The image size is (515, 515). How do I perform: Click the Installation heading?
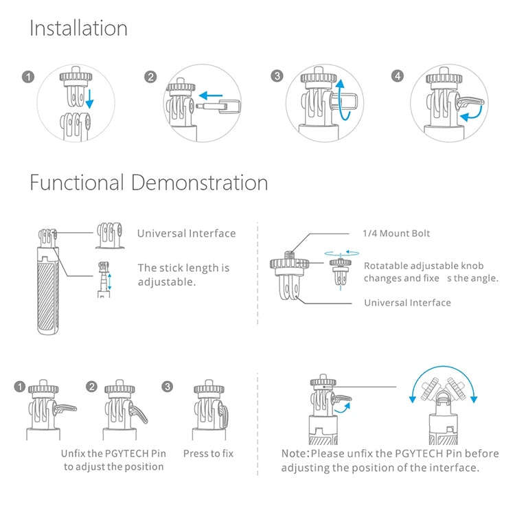coord(78,28)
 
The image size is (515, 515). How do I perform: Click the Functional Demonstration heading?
coord(149,183)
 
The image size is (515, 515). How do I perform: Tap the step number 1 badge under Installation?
coord(28,77)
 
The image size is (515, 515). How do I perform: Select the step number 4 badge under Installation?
coord(398,76)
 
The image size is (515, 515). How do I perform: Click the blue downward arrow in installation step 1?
coord(89,98)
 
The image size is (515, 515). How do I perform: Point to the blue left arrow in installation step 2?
coord(211,96)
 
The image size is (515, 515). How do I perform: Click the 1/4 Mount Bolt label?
coord(396,233)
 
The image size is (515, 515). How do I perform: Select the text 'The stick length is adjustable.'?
coord(183,275)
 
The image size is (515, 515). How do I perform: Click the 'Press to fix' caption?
coord(208,454)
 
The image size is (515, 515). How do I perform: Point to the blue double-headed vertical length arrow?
coord(110,282)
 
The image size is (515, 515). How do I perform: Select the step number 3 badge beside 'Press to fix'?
coord(168,387)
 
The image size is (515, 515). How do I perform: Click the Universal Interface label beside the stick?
coord(186,233)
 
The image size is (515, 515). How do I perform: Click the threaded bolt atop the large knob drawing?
coord(289,255)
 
